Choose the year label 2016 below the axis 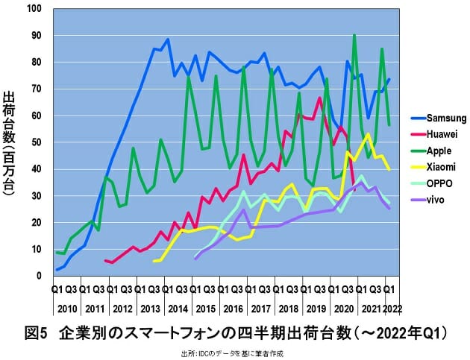tap(232, 308)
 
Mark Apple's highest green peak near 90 tap(354, 34)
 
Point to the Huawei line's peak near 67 tap(320, 98)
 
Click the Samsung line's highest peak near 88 tap(168, 40)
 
